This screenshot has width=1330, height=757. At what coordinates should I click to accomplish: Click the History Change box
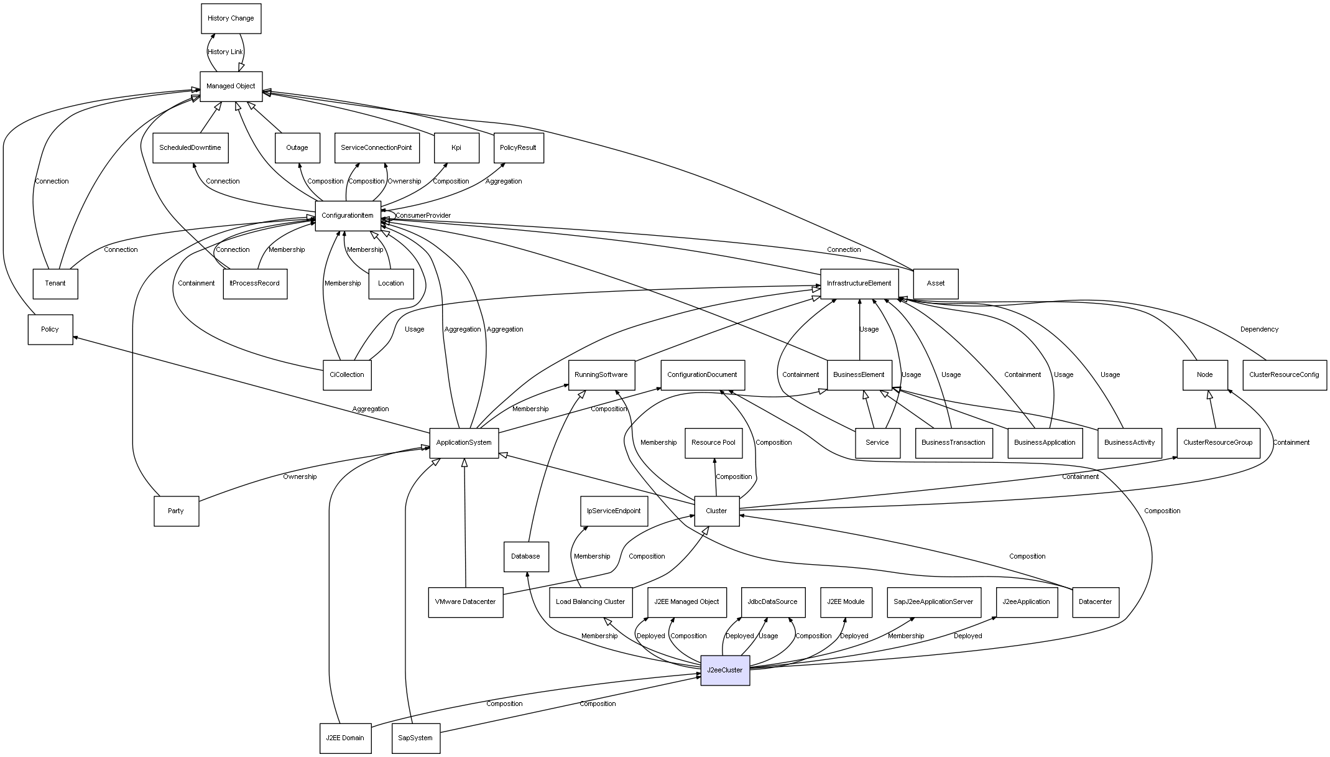click(231, 19)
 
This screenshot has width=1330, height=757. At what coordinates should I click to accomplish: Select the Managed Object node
click(231, 86)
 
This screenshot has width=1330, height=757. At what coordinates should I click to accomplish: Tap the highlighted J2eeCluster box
click(725, 671)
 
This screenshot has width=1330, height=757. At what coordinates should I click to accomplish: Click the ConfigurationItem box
click(348, 216)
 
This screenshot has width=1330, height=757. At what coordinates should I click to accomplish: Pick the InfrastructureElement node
click(859, 284)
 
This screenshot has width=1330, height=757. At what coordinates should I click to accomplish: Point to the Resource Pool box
click(713, 443)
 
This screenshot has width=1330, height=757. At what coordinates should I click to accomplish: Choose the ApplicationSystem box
click(464, 443)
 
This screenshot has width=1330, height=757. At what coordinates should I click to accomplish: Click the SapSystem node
click(415, 738)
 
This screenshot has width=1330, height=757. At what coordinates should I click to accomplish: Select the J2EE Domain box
click(345, 738)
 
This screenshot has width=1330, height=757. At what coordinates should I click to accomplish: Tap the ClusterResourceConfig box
click(1284, 375)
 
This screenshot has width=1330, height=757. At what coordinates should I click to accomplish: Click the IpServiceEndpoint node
click(614, 511)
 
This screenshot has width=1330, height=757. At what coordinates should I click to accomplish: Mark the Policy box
click(50, 330)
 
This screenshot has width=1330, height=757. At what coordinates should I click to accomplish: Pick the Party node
click(176, 511)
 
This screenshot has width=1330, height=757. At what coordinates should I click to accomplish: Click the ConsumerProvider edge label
click(423, 216)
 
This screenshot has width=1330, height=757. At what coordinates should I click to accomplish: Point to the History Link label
click(225, 52)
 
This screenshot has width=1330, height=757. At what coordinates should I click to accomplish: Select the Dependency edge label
click(1259, 330)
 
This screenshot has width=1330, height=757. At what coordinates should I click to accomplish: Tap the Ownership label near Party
click(300, 477)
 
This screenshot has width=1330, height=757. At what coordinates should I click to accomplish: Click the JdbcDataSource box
click(773, 602)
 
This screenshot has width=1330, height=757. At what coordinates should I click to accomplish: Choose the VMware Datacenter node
click(465, 602)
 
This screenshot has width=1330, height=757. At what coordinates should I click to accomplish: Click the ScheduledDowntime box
click(190, 148)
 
